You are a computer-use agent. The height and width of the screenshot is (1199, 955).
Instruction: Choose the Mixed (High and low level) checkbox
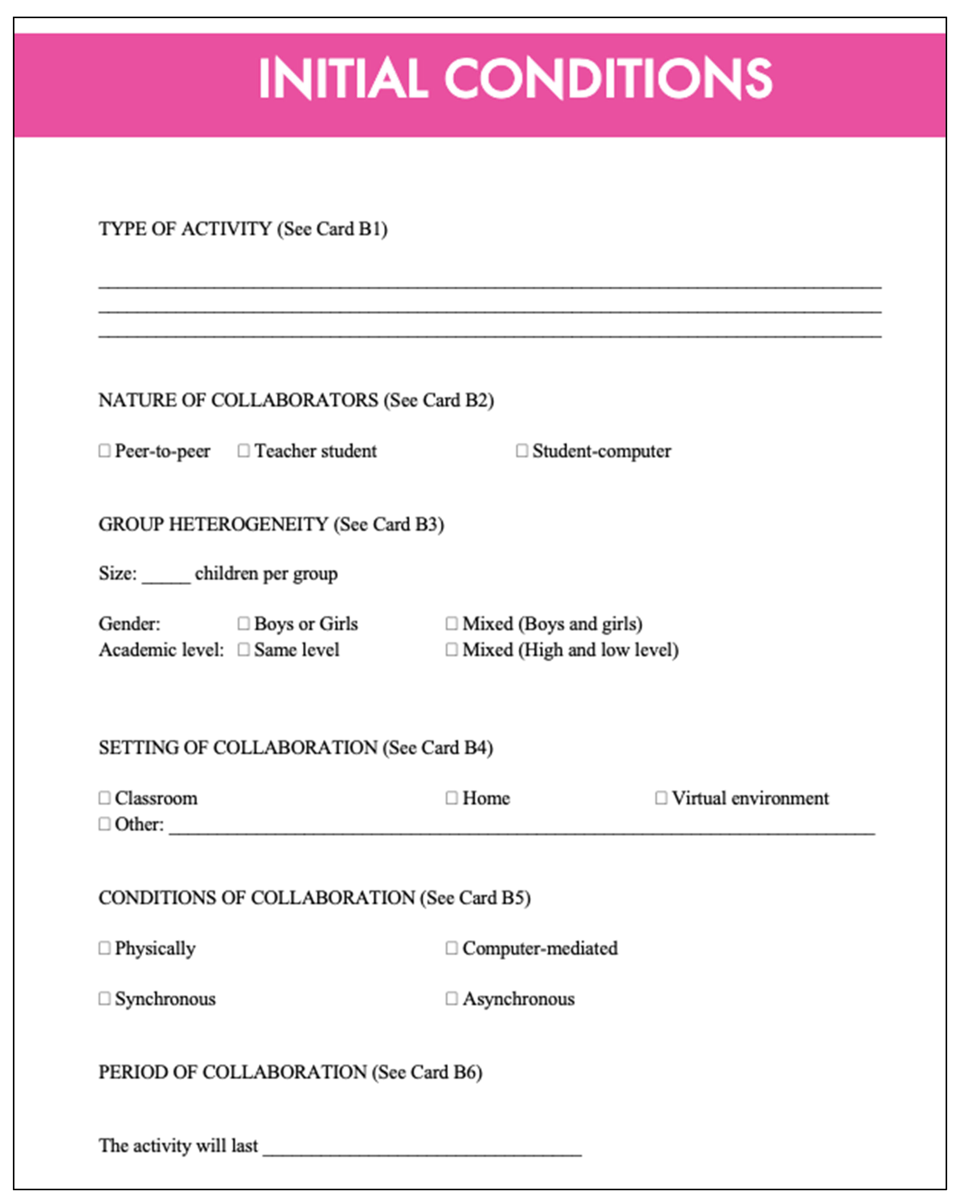click(451, 649)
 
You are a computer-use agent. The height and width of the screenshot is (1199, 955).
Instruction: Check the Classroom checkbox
click(104, 798)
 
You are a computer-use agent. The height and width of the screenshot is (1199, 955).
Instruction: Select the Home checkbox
click(451, 798)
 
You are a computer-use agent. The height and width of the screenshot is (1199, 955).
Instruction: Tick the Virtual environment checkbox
click(660, 798)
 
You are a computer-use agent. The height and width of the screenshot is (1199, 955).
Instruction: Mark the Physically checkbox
click(104, 947)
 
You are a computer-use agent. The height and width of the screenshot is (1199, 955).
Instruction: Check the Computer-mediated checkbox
click(451, 947)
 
